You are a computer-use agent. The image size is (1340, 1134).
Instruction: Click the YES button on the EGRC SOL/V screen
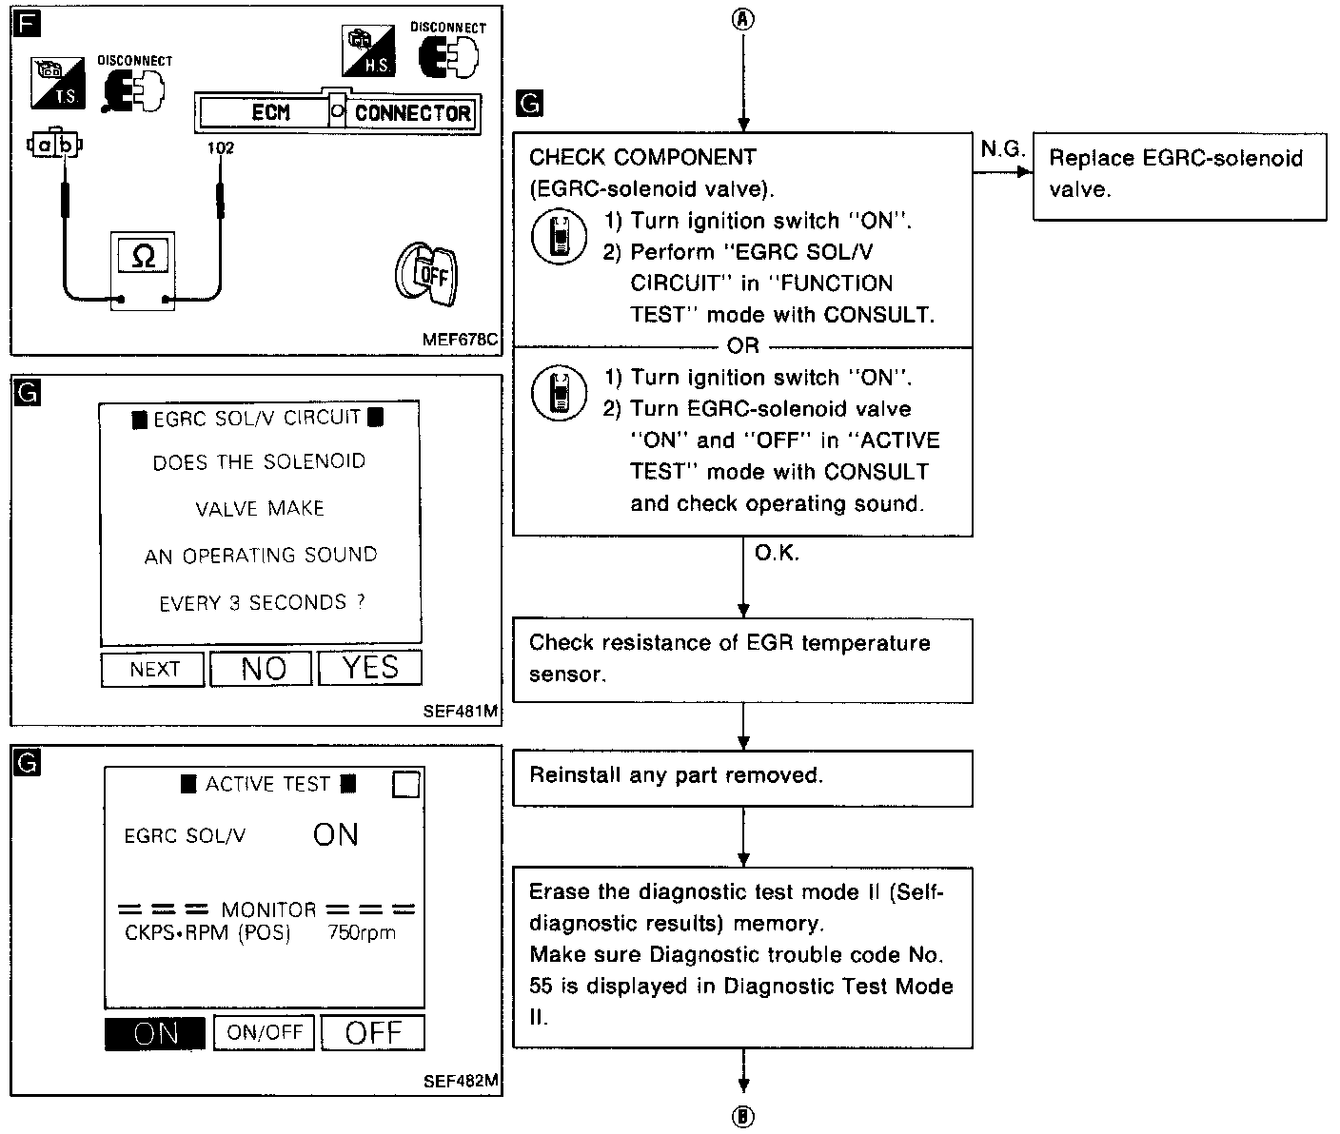coord(369,668)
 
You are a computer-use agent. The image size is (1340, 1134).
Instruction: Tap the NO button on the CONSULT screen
coord(261,669)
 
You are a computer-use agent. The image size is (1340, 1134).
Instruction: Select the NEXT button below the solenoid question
coord(153,670)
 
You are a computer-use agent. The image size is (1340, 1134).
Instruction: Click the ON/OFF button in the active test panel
coord(264,1032)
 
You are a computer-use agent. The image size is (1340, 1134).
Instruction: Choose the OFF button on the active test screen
coord(372,1032)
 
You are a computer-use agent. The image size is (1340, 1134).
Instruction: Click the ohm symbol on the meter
coord(144,256)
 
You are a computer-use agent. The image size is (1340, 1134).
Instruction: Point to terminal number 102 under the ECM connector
coord(220,148)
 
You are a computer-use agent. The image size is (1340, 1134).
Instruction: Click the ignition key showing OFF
coord(426,275)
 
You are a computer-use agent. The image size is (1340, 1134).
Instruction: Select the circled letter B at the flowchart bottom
coord(743,1117)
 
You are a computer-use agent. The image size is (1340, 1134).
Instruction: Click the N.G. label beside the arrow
coord(1001,149)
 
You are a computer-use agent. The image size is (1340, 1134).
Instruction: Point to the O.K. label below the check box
coord(777,554)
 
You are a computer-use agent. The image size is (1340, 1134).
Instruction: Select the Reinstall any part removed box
coord(742,777)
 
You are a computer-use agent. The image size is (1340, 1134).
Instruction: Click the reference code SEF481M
coord(461,710)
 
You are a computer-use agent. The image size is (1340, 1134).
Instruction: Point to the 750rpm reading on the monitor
coord(362,933)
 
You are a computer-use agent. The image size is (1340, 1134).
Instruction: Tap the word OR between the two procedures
coord(742,346)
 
